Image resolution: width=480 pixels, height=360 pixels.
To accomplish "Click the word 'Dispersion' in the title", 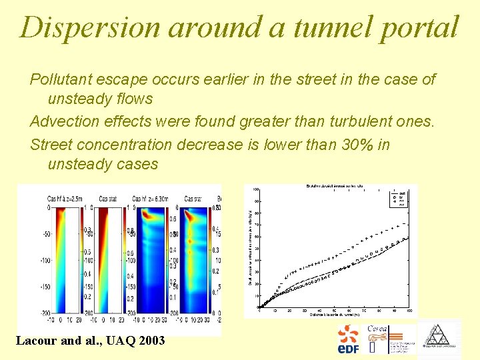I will coord(89,28).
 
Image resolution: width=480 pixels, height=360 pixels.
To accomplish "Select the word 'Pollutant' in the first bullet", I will coord(59,80).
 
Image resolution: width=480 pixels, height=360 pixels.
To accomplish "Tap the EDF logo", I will coord(348,339).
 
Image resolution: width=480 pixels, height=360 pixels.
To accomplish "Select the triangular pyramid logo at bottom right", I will coord(439,339).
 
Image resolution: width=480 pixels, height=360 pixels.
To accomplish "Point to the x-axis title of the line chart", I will coord(333,313).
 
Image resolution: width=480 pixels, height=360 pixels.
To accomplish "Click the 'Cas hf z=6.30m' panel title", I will coord(154,199).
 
